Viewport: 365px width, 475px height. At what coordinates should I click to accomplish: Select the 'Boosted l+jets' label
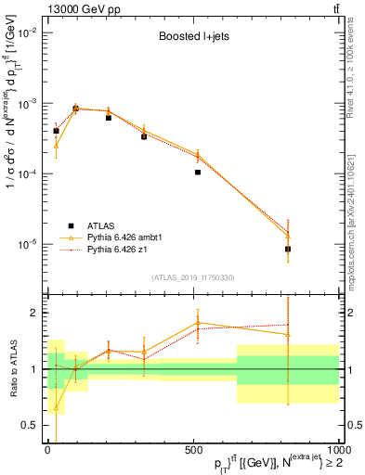point(192,38)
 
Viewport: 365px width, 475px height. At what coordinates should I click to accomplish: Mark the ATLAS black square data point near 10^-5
point(288,249)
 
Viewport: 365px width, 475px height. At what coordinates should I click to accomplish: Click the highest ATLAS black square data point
point(75,109)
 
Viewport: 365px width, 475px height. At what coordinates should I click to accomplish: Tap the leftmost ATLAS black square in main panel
point(56,131)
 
